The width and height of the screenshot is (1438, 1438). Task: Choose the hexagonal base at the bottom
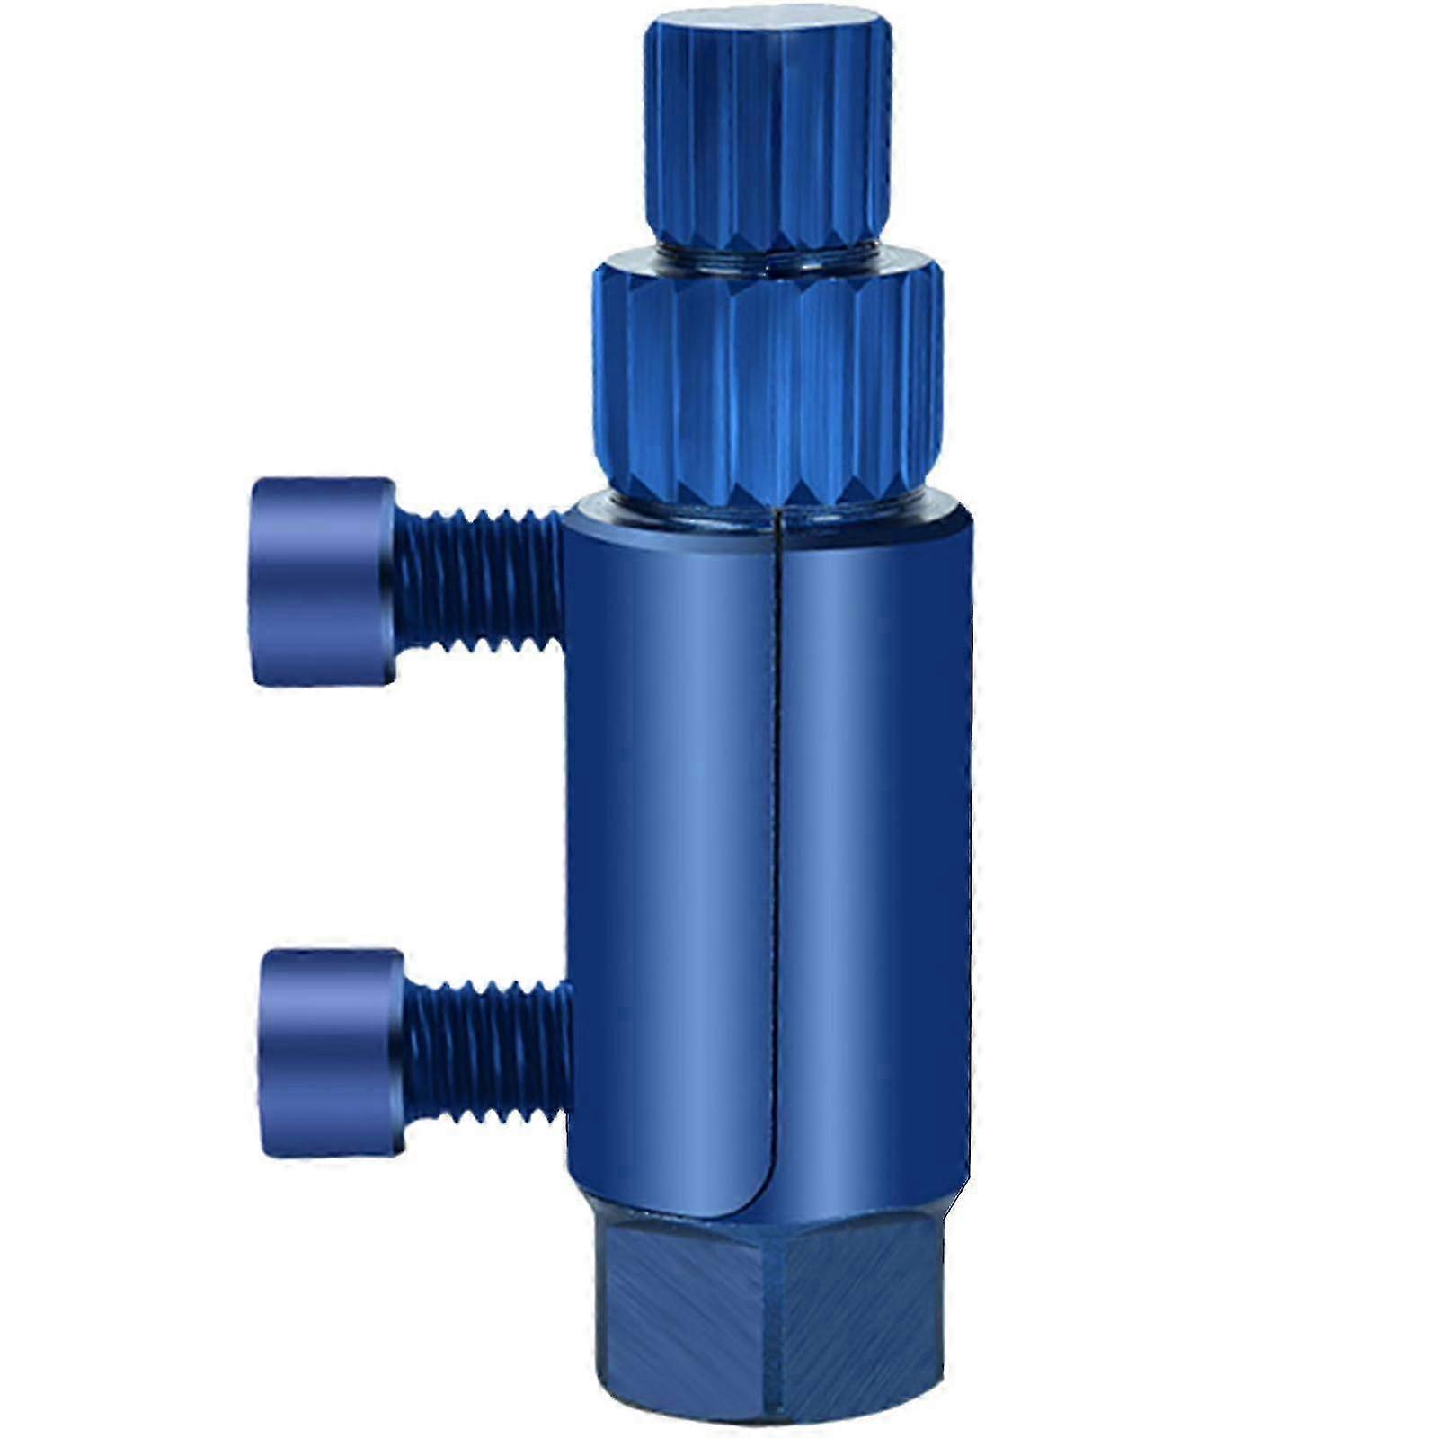[768, 1321]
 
